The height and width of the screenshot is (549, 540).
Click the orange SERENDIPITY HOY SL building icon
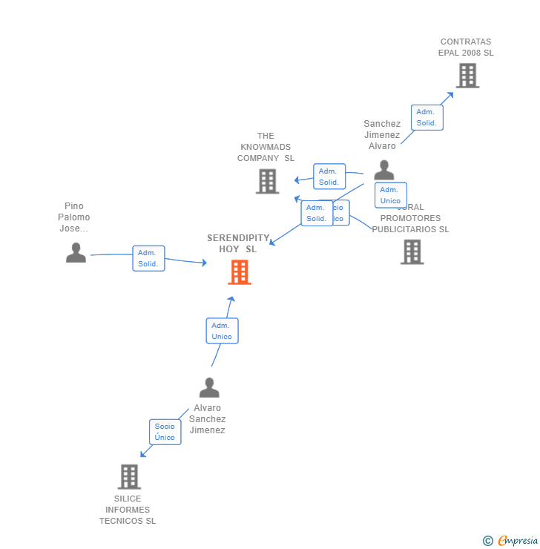pos(239,272)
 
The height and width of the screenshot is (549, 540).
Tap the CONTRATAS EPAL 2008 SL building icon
pos(467,76)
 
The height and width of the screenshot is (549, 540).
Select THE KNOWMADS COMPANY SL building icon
pos(267,181)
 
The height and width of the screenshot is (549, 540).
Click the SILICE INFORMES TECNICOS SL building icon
pos(129,476)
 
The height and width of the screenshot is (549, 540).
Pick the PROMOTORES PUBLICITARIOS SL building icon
pos(412,252)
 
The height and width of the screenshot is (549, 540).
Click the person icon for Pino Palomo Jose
pos(76,253)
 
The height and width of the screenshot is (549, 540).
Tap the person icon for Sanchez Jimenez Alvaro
pos(383,170)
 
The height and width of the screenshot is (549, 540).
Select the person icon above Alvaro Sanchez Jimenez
pos(209,387)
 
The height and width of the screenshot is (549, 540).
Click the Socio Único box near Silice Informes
pos(165,432)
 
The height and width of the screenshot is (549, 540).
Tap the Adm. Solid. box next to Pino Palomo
pos(148,258)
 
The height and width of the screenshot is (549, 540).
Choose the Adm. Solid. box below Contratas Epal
pos(427,117)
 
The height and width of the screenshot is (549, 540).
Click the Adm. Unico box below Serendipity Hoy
pos(222,331)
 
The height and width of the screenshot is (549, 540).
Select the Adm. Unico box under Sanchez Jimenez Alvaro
pos(390,195)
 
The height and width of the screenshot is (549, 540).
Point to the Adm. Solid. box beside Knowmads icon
pos(329,177)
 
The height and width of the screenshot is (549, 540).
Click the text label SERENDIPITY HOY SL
pos(238,243)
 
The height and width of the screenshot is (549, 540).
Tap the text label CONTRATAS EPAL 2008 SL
pos(466,47)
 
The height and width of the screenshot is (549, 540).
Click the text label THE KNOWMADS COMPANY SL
pos(266,147)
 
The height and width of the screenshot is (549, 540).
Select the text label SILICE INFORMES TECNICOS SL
pos(128,510)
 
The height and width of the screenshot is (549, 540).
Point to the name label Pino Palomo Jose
pos(74,217)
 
